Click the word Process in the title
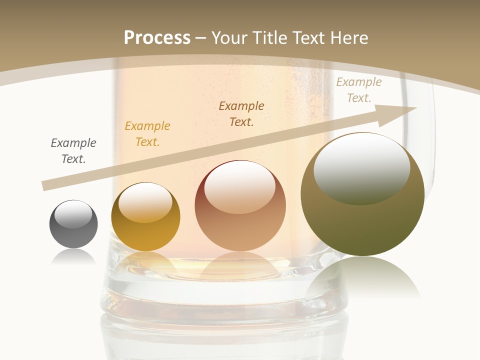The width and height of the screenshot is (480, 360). coord(157,37)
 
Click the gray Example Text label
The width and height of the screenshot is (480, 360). coord(73,150)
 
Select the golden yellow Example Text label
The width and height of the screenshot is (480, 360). coord(147,133)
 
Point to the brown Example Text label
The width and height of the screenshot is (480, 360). coord(241,113)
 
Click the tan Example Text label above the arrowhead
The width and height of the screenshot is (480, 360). coord(359,90)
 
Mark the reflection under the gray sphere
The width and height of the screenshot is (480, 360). coord(73,257)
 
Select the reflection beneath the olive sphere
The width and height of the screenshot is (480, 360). coord(363,277)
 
